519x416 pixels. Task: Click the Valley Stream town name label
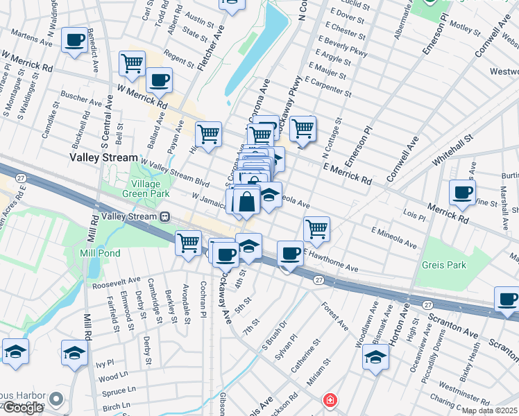tap(103, 158)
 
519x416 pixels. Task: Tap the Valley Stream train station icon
tap(165, 216)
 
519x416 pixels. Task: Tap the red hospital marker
tap(330, 401)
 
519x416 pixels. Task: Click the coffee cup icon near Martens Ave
tap(74, 40)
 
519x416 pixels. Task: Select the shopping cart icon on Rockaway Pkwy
tap(303, 128)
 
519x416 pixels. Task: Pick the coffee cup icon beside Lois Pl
tap(462, 192)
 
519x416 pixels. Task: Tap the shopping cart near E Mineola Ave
tap(316, 228)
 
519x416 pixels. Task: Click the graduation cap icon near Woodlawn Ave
tap(375, 356)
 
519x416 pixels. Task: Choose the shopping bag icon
tap(246, 202)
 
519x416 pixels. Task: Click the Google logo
tap(23, 408)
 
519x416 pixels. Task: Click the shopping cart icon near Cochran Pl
tap(189, 243)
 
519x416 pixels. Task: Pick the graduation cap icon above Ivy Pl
tap(74, 352)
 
